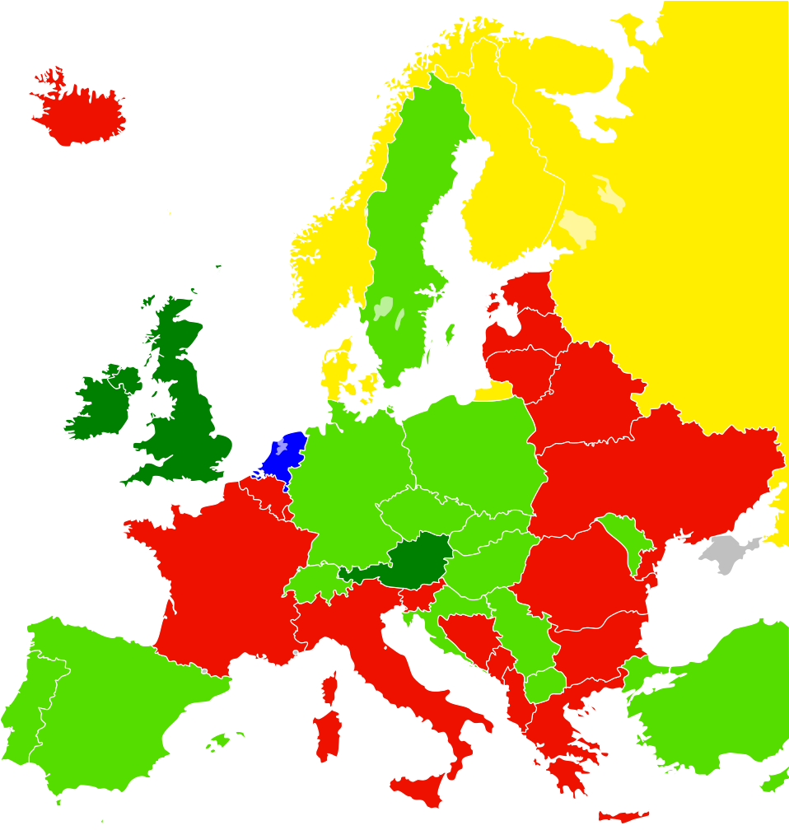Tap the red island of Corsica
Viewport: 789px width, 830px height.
(x=329, y=688)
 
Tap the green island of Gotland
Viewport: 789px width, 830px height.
(x=450, y=333)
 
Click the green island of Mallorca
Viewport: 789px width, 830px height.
(x=219, y=742)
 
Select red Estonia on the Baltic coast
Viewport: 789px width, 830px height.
(x=527, y=292)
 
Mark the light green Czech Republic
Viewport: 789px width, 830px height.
(x=416, y=511)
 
